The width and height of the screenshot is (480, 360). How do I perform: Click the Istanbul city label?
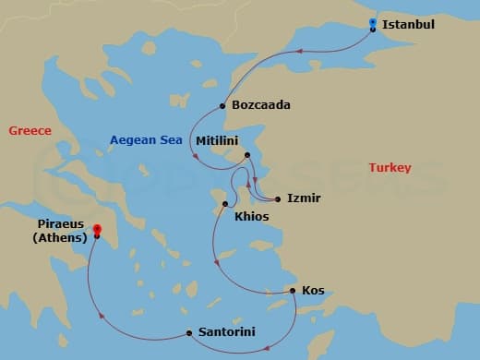coord(409,24)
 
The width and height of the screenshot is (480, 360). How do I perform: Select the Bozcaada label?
coord(261,105)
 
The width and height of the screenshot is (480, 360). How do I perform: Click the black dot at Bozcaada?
coord(222,105)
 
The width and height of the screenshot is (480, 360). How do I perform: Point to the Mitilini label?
coord(218,140)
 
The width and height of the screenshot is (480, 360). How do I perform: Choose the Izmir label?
coord(304,198)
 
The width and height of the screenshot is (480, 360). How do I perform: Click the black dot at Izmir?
coord(277,198)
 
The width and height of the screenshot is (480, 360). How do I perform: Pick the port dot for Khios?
coord(225,203)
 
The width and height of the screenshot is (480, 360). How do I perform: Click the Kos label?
coord(313,291)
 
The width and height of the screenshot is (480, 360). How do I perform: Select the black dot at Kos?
coord(294,291)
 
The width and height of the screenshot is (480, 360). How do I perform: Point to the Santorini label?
coord(227,332)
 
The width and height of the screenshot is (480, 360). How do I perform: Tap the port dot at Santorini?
coord(189,332)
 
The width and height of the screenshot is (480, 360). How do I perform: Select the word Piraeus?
coord(61,224)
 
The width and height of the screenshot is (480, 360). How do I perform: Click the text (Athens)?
coord(59,238)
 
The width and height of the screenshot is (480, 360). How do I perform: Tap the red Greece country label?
coord(30,131)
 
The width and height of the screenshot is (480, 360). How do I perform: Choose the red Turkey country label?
coord(390,168)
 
